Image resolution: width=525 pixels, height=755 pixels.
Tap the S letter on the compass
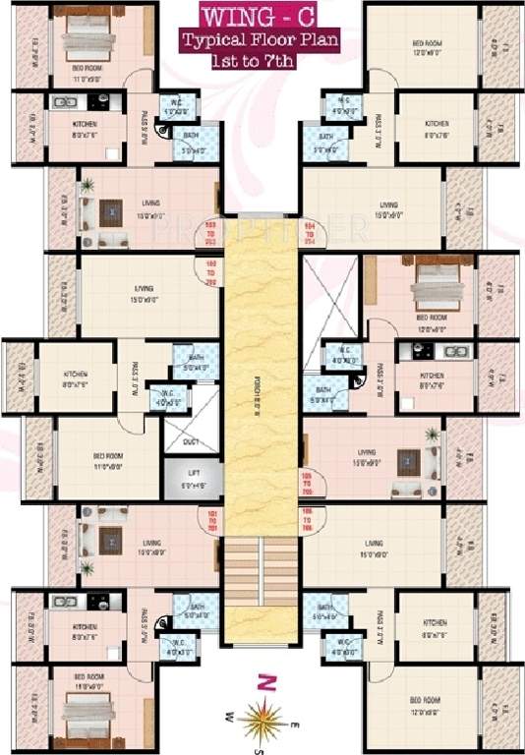click(258, 750)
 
